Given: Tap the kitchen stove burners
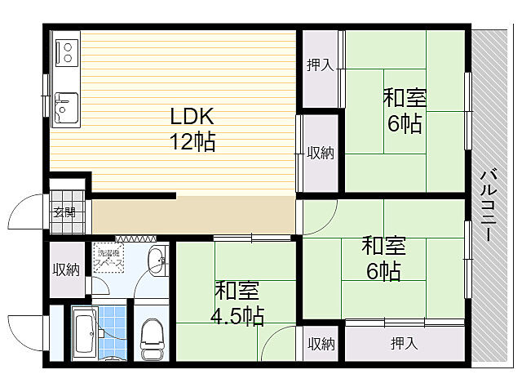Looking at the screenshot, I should coord(64,52).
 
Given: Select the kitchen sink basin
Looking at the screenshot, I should coord(64,107).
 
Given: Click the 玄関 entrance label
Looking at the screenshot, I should coord(64,212).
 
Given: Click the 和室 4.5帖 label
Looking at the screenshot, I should coord(238,303).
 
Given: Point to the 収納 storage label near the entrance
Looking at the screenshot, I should coord(66,270).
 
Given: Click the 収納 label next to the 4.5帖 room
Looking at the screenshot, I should coord(321,344).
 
